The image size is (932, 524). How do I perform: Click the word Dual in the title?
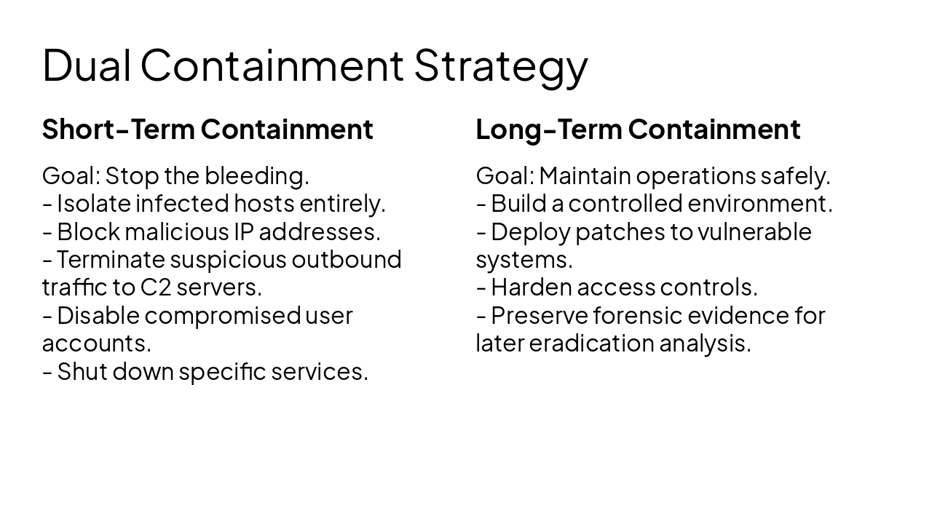tap(87, 65)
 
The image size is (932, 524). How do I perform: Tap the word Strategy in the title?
tap(500, 65)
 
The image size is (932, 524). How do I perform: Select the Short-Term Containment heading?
tap(208, 129)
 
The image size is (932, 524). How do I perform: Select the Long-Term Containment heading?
tap(638, 129)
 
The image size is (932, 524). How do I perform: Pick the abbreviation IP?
tap(242, 231)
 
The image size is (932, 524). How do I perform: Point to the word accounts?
tap(96, 343)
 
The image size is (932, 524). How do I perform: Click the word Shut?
tap(81, 371)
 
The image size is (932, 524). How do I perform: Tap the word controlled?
tap(625, 203)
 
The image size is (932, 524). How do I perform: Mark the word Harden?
tap(531, 287)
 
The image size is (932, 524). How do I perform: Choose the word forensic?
tap(636, 315)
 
